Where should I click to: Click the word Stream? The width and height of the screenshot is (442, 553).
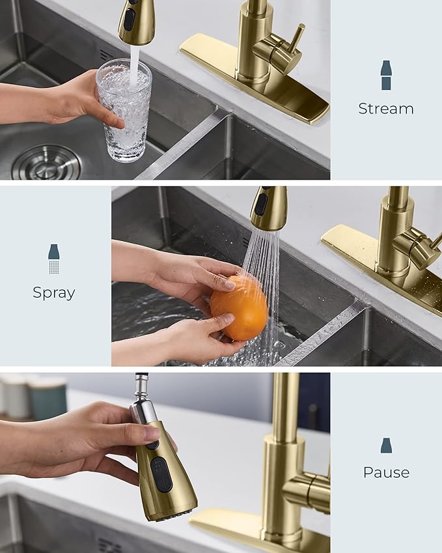pos(385,109)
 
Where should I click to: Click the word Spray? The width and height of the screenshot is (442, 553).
pos(54,292)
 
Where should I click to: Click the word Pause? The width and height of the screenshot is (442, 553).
pos(386,472)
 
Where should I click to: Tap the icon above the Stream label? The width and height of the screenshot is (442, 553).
pos(386,75)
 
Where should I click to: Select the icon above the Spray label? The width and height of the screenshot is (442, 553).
pos(54,259)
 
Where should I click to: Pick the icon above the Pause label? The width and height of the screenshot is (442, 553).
pos(386,446)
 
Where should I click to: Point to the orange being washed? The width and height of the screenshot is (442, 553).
pos(239,307)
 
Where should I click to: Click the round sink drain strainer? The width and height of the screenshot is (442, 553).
pos(46,163)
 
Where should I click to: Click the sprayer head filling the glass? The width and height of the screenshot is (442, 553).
pos(135,21)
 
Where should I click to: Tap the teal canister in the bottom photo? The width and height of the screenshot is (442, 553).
pos(47,398)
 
